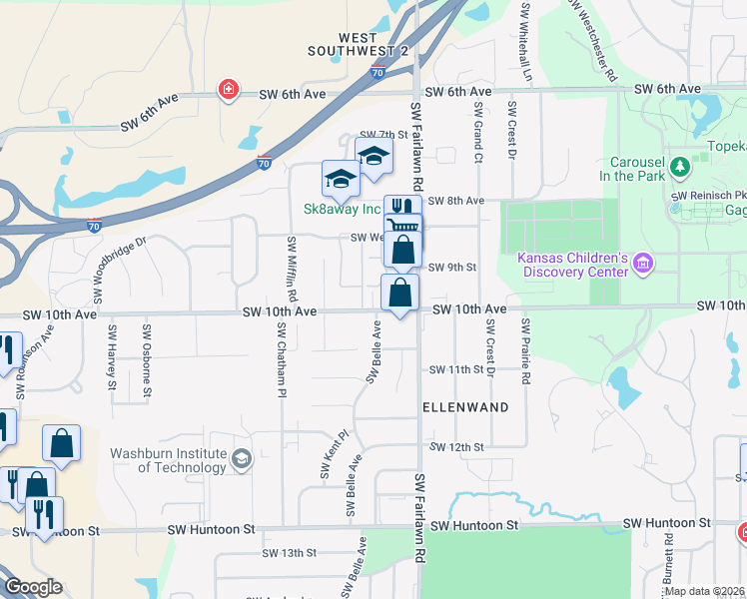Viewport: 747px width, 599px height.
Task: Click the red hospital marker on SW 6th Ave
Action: [229, 91]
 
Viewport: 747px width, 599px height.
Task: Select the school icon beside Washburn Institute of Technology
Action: [241, 459]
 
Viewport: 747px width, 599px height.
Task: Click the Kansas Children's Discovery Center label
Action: [572, 264]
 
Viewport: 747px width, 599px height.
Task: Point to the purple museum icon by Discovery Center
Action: [641, 264]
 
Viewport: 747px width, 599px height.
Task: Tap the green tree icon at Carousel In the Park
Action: [680, 165]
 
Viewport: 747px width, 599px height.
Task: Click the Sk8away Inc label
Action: [343, 209]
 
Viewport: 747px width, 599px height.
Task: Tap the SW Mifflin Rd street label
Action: [292, 270]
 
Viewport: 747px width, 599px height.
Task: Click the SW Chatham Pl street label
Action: [283, 361]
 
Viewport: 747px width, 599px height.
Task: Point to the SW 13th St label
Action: [289, 552]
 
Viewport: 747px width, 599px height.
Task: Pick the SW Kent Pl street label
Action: [333, 454]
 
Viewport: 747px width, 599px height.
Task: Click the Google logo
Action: [33, 586]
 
